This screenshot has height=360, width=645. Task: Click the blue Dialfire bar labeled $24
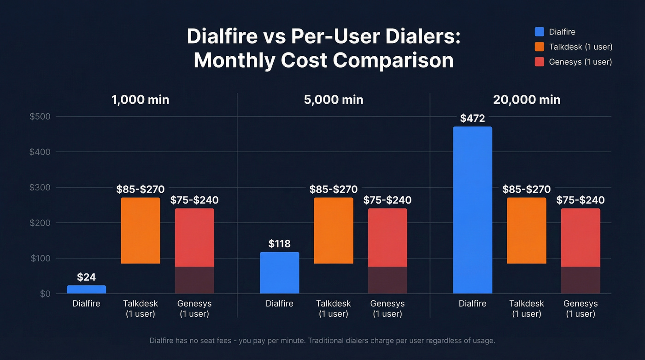tap(86, 289)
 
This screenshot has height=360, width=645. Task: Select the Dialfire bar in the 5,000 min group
tap(279, 272)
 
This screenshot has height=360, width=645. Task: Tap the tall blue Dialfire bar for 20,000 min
tap(472, 210)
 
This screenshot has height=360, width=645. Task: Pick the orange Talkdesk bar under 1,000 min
tap(141, 230)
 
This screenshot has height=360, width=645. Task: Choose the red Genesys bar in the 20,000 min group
tap(580, 237)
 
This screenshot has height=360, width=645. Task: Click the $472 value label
tap(472, 118)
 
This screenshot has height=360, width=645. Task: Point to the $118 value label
tap(279, 244)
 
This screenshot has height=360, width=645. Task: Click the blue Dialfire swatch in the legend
tap(539, 32)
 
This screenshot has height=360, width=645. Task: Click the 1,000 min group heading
tap(141, 100)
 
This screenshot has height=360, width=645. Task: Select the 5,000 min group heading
tap(334, 100)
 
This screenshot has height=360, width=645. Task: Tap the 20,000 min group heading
tap(527, 100)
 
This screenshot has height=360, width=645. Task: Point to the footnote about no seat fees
tap(322, 341)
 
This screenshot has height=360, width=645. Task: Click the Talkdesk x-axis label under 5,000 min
tap(334, 308)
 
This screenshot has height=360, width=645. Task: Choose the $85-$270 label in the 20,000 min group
tap(527, 189)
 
